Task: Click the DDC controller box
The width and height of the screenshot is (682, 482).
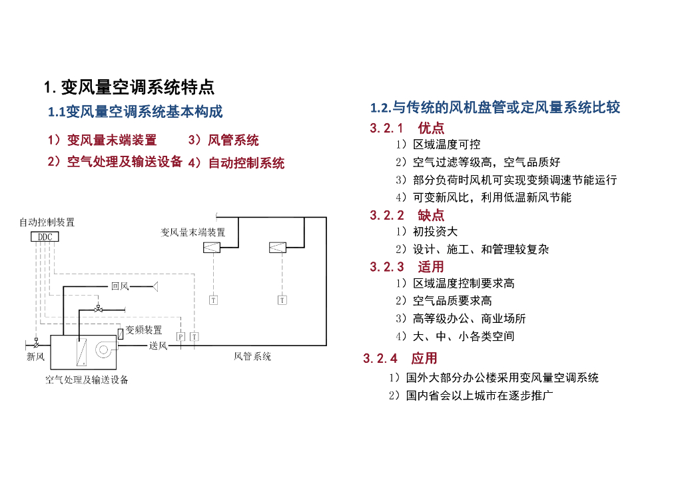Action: click(x=45, y=237)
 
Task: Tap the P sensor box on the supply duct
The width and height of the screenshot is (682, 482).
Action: click(x=180, y=337)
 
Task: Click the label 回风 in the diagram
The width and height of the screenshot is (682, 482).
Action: click(x=120, y=286)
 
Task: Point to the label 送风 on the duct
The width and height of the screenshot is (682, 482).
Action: click(x=158, y=345)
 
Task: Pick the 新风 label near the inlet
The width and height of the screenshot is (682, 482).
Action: click(x=35, y=357)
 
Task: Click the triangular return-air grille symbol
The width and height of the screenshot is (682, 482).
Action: click(x=155, y=286)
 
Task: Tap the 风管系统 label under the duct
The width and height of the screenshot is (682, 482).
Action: click(x=252, y=357)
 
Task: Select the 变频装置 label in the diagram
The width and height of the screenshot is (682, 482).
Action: click(x=143, y=330)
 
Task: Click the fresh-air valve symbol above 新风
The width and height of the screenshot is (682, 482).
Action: click(x=35, y=343)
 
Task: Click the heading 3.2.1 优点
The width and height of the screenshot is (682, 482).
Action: click(x=407, y=128)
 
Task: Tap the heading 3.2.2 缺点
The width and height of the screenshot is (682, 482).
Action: click(x=407, y=215)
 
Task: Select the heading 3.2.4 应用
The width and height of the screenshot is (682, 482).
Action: click(x=400, y=358)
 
